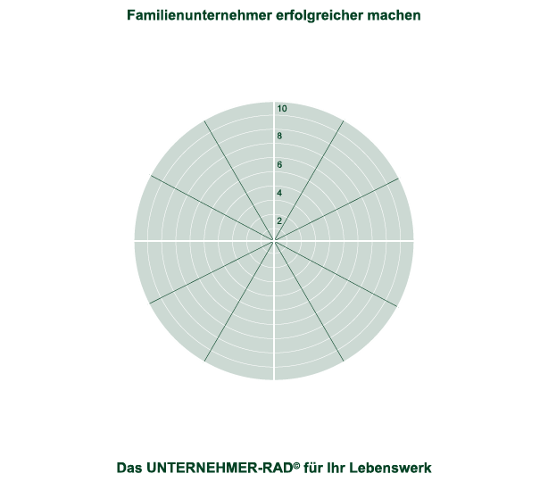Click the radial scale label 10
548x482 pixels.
pyautogui.click(x=282, y=109)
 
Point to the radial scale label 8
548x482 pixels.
pyautogui.click(x=279, y=137)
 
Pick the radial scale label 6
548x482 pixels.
pyautogui.click(x=279, y=165)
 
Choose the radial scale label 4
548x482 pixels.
pyautogui.click(x=279, y=193)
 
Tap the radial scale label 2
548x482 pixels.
pyautogui.click(x=279, y=221)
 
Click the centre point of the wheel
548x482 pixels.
pyautogui.click(x=274, y=240)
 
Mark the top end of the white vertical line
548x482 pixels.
pyautogui.click(x=274, y=102)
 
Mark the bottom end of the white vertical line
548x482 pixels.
pyautogui.click(x=274, y=379)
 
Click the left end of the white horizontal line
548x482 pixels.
pyautogui.click(x=135, y=240)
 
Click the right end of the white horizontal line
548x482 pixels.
pyautogui.click(x=413, y=240)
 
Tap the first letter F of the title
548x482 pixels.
pyautogui.click(x=131, y=15)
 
